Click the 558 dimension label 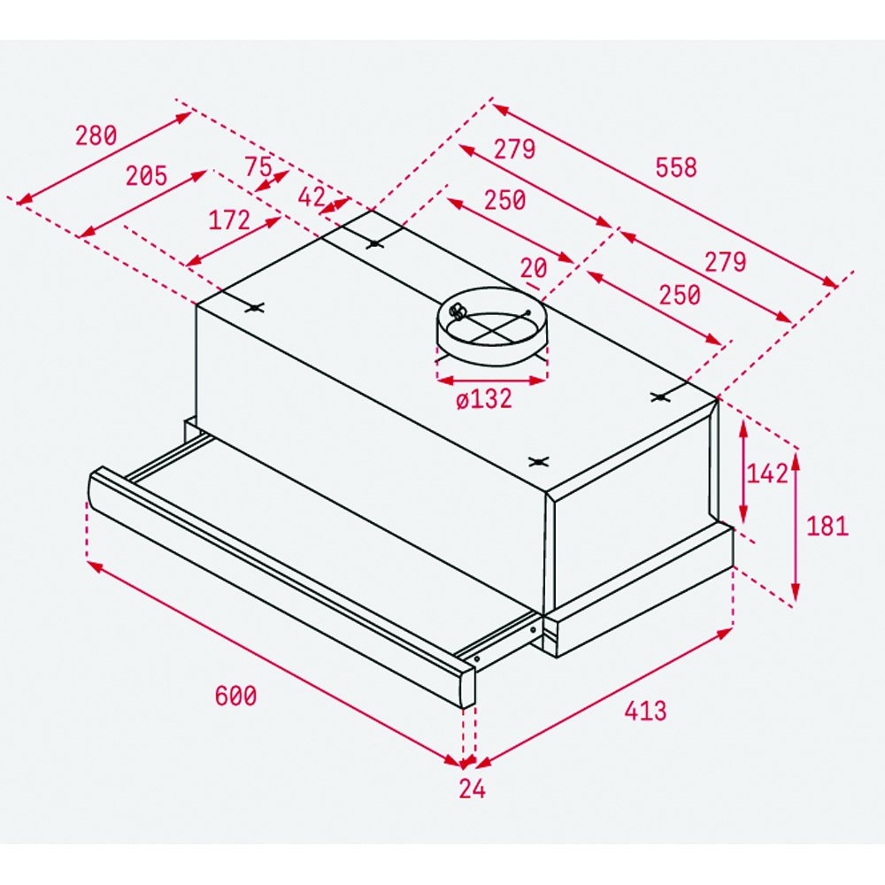point(676,167)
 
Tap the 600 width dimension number point(235,696)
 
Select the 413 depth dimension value point(645,711)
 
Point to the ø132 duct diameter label point(484,399)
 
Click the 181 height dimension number point(827,527)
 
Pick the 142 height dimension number point(767,473)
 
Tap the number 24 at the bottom point(472,789)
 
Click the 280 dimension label point(96,135)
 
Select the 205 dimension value point(146,175)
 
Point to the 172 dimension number point(229,220)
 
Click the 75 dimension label point(258,166)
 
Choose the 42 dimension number point(312,197)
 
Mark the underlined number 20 point(534,269)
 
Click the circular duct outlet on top point(491,326)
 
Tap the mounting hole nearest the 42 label point(374,244)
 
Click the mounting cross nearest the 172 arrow point(255,308)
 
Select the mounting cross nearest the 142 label point(659,396)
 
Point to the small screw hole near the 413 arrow point(533,629)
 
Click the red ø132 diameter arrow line point(491,381)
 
